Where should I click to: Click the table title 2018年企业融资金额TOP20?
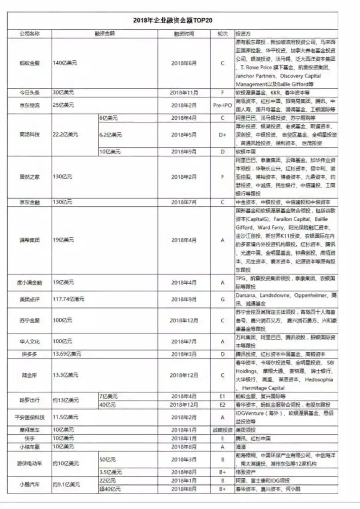pyautogui.click(x=173, y=20)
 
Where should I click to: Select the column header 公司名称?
pyautogui.click(x=29, y=34)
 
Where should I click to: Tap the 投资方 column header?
pyautogui.click(x=243, y=34)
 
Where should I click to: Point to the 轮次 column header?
pyautogui.click(x=222, y=34)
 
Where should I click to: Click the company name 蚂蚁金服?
pyautogui.click(x=29, y=63)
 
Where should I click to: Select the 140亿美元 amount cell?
pyautogui.click(x=65, y=63)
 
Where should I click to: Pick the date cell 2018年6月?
pyautogui.click(x=184, y=63)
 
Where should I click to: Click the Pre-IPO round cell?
pyautogui.click(x=222, y=105)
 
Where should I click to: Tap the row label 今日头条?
pyautogui.click(x=29, y=93)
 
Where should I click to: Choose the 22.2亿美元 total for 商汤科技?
pyautogui.click(x=65, y=135)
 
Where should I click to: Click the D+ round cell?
pyautogui.click(x=222, y=135)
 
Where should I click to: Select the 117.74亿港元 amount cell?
pyautogui.click(x=68, y=299)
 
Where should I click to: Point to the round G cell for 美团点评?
pyautogui.click(x=222, y=299)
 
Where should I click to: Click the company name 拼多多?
pyautogui.click(x=29, y=354)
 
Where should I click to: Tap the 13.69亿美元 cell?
pyautogui.click(x=67, y=354)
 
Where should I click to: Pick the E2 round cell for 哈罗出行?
pyautogui.click(x=222, y=405)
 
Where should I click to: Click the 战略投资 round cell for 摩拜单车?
pyautogui.click(x=222, y=430)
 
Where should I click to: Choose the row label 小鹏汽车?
pyautogui.click(x=29, y=485)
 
